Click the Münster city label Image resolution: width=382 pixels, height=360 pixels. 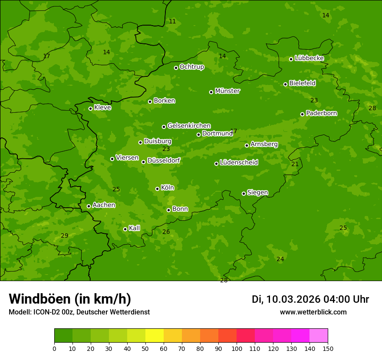click(227, 91)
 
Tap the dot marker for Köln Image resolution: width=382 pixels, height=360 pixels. click(157, 189)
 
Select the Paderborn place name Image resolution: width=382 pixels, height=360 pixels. click(321, 113)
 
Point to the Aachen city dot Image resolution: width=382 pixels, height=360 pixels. click(89, 206)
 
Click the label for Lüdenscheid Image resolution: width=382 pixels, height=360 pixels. click(239, 163)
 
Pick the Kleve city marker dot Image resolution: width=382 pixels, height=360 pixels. click(90, 108)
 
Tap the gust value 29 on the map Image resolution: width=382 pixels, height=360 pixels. click(64, 236)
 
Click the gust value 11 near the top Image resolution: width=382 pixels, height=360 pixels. click(172, 21)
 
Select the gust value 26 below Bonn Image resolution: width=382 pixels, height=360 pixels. click(166, 232)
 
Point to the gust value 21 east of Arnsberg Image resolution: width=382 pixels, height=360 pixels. click(295, 164)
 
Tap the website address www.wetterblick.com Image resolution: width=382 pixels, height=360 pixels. click(313, 312)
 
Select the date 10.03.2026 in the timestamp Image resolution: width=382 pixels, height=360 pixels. click(293, 299)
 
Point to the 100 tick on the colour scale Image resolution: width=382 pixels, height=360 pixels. click(237, 348)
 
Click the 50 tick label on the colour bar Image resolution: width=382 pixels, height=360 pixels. click(145, 348)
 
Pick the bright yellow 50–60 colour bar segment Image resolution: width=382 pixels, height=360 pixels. click(155, 336)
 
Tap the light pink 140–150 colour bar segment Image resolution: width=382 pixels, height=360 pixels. click(319, 336)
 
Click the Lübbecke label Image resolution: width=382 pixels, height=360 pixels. click(309, 58)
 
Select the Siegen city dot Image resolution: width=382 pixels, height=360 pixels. click(244, 193)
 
